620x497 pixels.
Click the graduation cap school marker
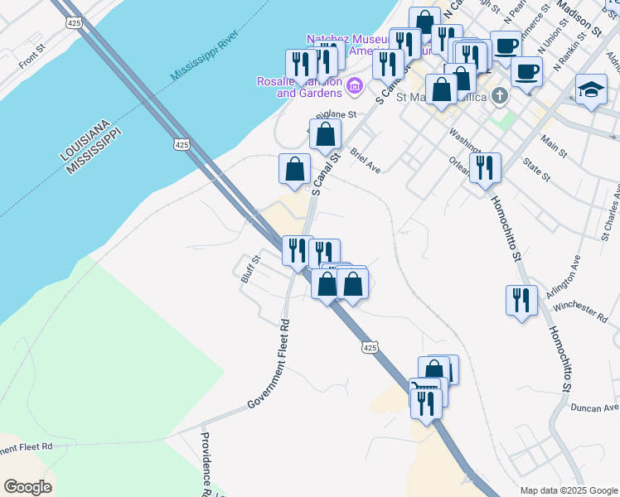tap(591, 91)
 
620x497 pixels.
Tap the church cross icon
tap(499, 96)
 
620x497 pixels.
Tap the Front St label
tap(31, 59)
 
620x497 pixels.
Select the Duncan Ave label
tap(594, 408)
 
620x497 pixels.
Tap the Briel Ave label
tap(365, 161)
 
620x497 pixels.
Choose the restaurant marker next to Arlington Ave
tap(521, 300)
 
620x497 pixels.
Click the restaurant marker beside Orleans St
tap(485, 168)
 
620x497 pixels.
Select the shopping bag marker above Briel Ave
tap(325, 134)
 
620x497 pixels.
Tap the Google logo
tap(27, 487)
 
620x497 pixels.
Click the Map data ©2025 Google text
tap(569, 490)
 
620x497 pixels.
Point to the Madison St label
tap(579, 17)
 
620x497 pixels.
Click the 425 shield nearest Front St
tap(75, 24)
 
